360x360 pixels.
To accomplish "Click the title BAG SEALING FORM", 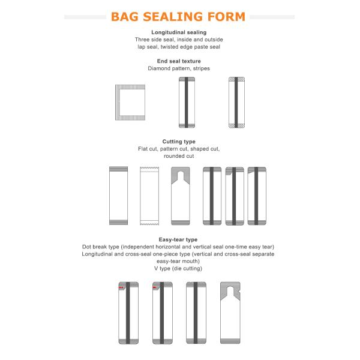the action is point(178,17).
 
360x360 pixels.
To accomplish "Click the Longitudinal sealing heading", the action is point(179,32).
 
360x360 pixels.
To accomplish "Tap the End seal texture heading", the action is point(179,61).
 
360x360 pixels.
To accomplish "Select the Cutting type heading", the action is point(179,142).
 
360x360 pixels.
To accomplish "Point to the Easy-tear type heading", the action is point(178,239).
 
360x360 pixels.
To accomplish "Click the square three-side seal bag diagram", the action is point(118,103).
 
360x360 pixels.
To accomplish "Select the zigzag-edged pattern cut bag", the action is point(149,196).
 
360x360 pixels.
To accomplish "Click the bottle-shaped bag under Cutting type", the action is point(181,196).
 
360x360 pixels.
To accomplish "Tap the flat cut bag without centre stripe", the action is point(118,196).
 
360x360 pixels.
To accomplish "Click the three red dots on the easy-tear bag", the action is point(121,287).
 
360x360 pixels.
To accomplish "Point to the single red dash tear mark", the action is point(155,287).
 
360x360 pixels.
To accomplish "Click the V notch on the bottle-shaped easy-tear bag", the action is point(239,291).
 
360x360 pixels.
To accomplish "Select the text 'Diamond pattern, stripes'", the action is point(179,68).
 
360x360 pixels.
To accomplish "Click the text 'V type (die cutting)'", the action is point(178,268).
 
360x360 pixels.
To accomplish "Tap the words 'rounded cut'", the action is point(179,156).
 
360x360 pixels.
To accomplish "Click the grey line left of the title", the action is point(85,17).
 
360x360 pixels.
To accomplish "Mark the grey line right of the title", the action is point(272,17).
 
